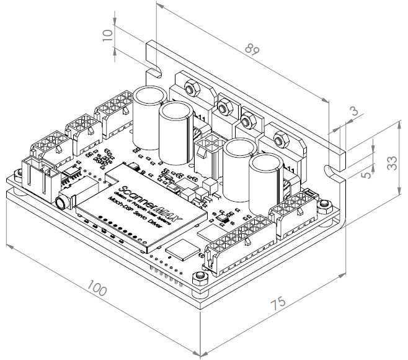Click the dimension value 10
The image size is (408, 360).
point(109,35)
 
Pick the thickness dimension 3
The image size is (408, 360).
point(353,112)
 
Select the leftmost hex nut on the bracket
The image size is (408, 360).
point(192,88)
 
